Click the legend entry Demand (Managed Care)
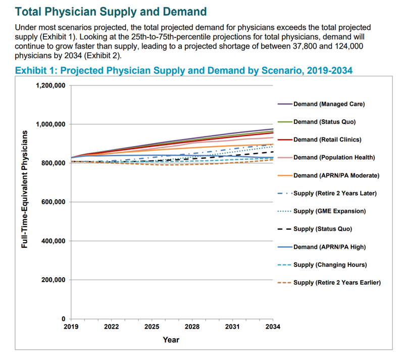[x=329, y=104]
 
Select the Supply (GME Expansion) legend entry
[x=329, y=211]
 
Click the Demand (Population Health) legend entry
[x=334, y=157]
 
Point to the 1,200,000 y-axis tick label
[x=51, y=85]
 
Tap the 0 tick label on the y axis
[x=64, y=319]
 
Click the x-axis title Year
[x=171, y=340]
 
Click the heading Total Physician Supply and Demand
[x=111, y=11]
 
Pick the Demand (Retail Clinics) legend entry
[x=327, y=140]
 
